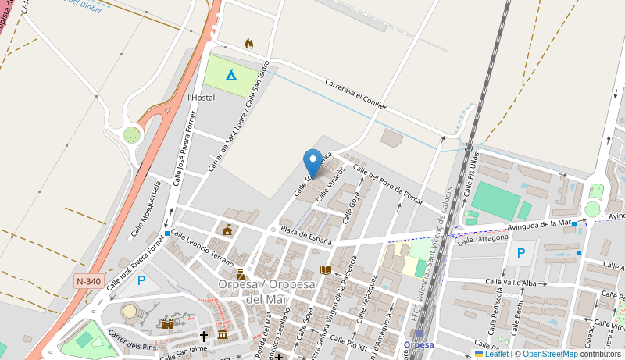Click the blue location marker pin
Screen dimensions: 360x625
click(312, 162)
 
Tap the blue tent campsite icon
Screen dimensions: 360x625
click(230, 75)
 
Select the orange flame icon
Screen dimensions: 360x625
click(249, 44)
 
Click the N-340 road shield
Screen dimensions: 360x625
click(88, 280)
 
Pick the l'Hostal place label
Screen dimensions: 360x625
click(201, 98)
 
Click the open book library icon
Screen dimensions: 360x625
click(326, 270)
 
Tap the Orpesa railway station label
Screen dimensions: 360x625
click(419, 344)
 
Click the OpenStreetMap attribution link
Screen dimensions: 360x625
click(550, 354)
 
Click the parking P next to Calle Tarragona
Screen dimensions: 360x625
click(521, 253)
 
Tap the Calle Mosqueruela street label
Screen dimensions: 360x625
click(145, 208)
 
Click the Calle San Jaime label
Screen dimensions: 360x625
click(184, 353)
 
